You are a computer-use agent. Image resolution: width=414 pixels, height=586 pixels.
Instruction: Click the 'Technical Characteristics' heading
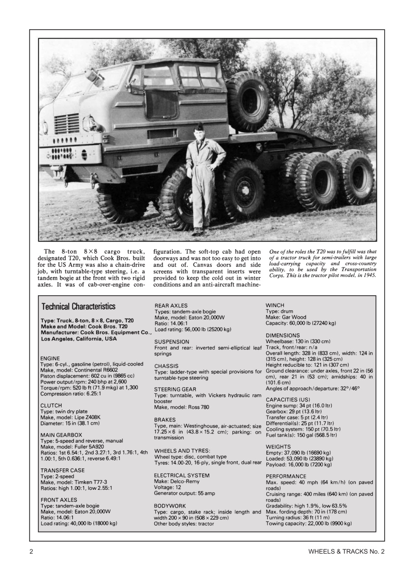tap(78, 306)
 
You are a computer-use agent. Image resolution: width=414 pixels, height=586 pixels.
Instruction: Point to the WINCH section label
tap(275, 305)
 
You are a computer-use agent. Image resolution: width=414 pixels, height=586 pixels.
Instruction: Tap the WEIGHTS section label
tap(278, 446)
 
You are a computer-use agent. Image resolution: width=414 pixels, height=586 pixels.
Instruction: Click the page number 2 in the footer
tap(32, 551)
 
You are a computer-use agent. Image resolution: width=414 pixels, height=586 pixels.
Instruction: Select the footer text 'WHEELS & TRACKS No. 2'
tap(346, 551)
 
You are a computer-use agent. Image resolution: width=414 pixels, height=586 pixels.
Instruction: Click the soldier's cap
tap(199, 127)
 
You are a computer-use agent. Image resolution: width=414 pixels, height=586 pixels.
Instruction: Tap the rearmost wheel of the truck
tap(355, 176)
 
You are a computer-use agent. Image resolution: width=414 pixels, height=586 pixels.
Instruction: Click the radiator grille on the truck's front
tap(67, 123)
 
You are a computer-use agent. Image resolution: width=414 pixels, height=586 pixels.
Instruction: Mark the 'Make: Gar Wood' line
tap(286, 317)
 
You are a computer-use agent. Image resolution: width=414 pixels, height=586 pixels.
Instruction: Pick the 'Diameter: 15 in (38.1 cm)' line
tap(70, 423)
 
